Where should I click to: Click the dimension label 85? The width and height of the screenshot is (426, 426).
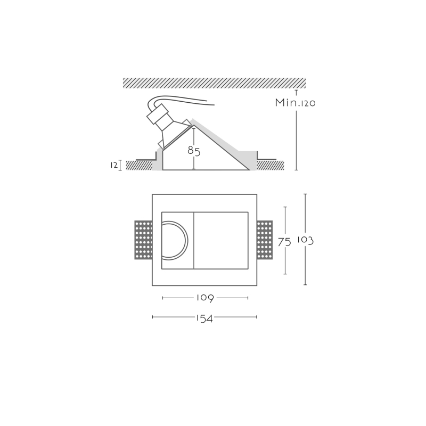pyautogui.click(x=194, y=151)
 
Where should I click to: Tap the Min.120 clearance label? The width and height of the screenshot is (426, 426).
pyautogui.click(x=296, y=103)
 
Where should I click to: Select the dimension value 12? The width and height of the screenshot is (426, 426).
pyautogui.click(x=114, y=165)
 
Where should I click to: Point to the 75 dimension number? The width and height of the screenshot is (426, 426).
pyautogui.click(x=284, y=242)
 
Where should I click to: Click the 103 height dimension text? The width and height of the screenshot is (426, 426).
pyautogui.click(x=305, y=240)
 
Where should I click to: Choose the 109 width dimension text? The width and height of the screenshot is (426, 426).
pyautogui.click(x=205, y=298)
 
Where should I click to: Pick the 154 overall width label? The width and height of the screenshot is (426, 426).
pyautogui.click(x=204, y=318)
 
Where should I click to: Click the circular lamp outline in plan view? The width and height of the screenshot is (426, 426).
pyautogui.click(x=187, y=241)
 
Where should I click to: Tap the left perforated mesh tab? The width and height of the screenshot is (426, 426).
pyautogui.click(x=143, y=240)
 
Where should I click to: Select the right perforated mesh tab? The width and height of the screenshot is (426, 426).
pyautogui.click(x=265, y=240)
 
